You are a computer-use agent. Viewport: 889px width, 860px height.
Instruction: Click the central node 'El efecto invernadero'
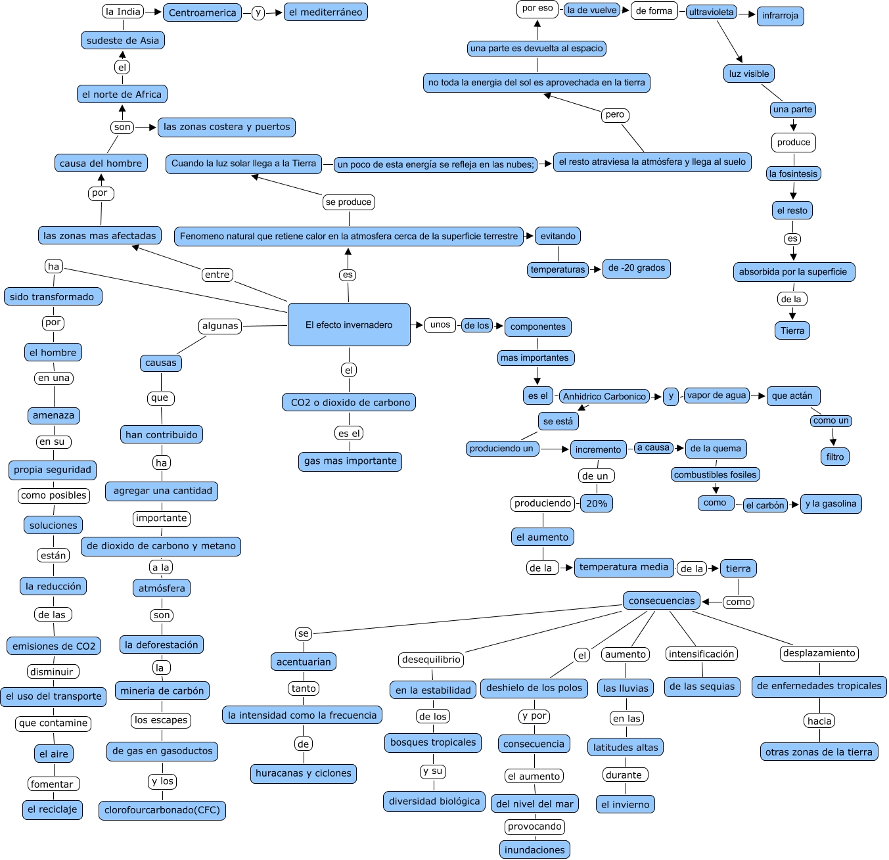349,325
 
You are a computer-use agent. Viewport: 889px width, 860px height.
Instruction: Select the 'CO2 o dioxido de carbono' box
349,402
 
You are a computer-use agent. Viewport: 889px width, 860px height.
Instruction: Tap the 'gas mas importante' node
350,461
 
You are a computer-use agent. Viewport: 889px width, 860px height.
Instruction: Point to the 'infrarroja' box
781,16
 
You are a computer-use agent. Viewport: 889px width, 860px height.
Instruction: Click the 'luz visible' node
749,74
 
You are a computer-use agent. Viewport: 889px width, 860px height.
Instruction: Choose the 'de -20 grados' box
637,268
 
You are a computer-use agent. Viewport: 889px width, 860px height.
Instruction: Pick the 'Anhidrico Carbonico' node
604,396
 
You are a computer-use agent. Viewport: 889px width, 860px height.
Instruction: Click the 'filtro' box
835,457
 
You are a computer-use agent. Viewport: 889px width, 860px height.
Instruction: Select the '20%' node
597,503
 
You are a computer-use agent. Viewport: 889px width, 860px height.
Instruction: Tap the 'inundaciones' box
534,849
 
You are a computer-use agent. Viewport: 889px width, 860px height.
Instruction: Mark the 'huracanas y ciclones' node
304,774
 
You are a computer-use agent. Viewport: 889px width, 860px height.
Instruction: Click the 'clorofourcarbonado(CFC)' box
162,810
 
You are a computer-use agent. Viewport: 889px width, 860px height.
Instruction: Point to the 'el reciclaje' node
53,810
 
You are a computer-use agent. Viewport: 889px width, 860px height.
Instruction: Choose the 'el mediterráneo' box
326,12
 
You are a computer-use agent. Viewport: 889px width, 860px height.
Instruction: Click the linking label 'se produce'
348,202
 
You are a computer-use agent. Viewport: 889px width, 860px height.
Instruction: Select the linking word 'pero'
615,114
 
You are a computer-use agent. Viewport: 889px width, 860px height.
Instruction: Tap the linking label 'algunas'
220,326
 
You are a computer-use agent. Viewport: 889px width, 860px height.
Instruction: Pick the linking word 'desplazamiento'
819,653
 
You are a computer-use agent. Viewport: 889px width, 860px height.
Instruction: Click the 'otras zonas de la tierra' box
819,752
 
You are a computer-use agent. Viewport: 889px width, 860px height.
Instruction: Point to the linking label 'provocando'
534,826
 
